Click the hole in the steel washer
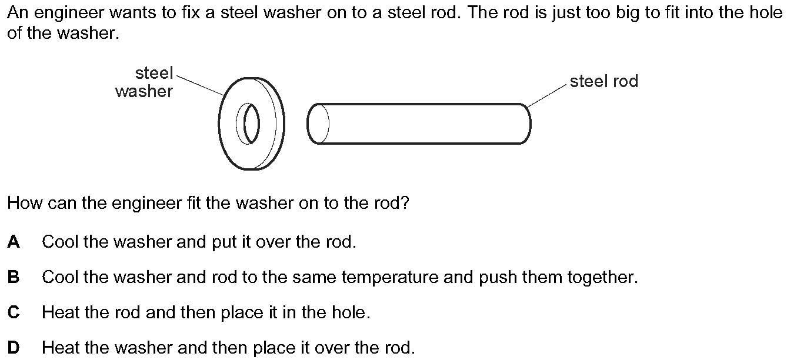[248, 124]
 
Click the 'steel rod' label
[603, 81]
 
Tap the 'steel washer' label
[144, 82]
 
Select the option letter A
[14, 242]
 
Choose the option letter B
[14, 277]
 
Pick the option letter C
[14, 312]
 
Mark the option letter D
[14, 348]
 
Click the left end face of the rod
[318, 124]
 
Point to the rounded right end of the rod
[526, 124]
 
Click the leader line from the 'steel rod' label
[546, 96]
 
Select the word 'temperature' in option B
[390, 278]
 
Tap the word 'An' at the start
[18, 13]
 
